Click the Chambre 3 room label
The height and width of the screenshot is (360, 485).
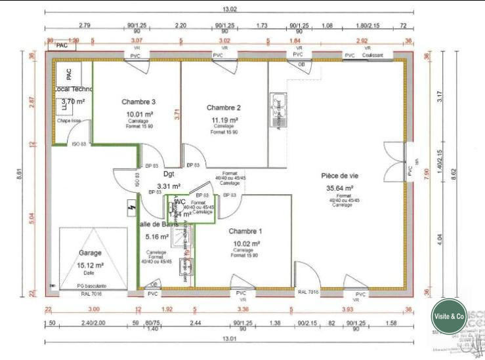click(138, 102)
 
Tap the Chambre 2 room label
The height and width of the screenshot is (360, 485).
click(224, 108)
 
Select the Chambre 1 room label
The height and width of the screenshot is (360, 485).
click(245, 231)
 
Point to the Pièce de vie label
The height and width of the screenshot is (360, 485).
click(339, 176)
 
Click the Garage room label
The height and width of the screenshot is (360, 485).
click(90, 252)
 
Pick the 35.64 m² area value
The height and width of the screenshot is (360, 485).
click(340, 188)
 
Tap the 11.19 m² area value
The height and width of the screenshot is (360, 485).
click(224, 120)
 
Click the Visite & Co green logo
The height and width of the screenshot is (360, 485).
click(449, 316)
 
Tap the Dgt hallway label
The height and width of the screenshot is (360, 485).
click(169, 174)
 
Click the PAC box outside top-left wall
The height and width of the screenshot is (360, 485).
click(62, 46)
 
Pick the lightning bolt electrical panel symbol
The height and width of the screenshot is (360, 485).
click(131, 208)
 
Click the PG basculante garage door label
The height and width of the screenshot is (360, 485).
click(91, 286)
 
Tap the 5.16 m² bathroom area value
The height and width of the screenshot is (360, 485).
click(157, 237)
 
